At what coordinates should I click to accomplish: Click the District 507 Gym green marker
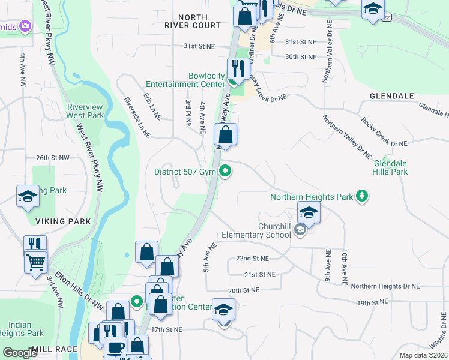(x=226, y=172)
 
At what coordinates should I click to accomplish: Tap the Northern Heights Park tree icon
(x=361, y=196)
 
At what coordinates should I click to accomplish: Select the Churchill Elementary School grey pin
(x=301, y=229)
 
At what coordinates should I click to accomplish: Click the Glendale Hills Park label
(x=390, y=167)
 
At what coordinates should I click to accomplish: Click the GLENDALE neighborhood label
(x=392, y=96)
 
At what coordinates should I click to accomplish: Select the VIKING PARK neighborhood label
(x=63, y=221)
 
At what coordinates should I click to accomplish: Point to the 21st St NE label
(x=259, y=274)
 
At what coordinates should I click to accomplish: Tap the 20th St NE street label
(x=243, y=290)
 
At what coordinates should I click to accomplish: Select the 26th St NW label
(x=52, y=158)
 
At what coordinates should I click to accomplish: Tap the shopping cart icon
(x=36, y=261)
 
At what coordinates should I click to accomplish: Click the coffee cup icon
(x=115, y=347)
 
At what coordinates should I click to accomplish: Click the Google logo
(x=20, y=353)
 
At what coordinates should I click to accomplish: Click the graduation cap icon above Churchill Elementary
(x=309, y=212)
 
